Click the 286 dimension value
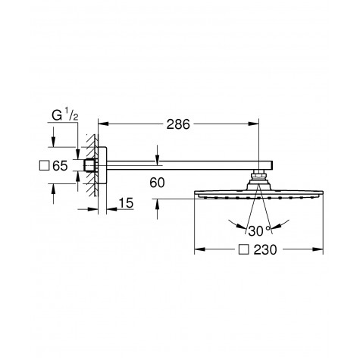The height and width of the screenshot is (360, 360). (178, 124)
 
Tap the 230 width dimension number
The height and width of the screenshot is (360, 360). (265, 249)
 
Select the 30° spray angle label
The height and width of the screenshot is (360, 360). (259, 231)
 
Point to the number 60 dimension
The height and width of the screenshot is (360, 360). (157, 183)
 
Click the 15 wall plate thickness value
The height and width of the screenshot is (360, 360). (126, 203)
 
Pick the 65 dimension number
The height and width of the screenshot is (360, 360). (60, 166)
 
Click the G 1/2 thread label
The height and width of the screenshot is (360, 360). (65, 115)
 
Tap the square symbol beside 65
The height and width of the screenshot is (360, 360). (44, 166)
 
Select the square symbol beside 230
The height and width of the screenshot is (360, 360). (244, 249)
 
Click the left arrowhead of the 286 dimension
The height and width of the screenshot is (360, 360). (103, 124)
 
